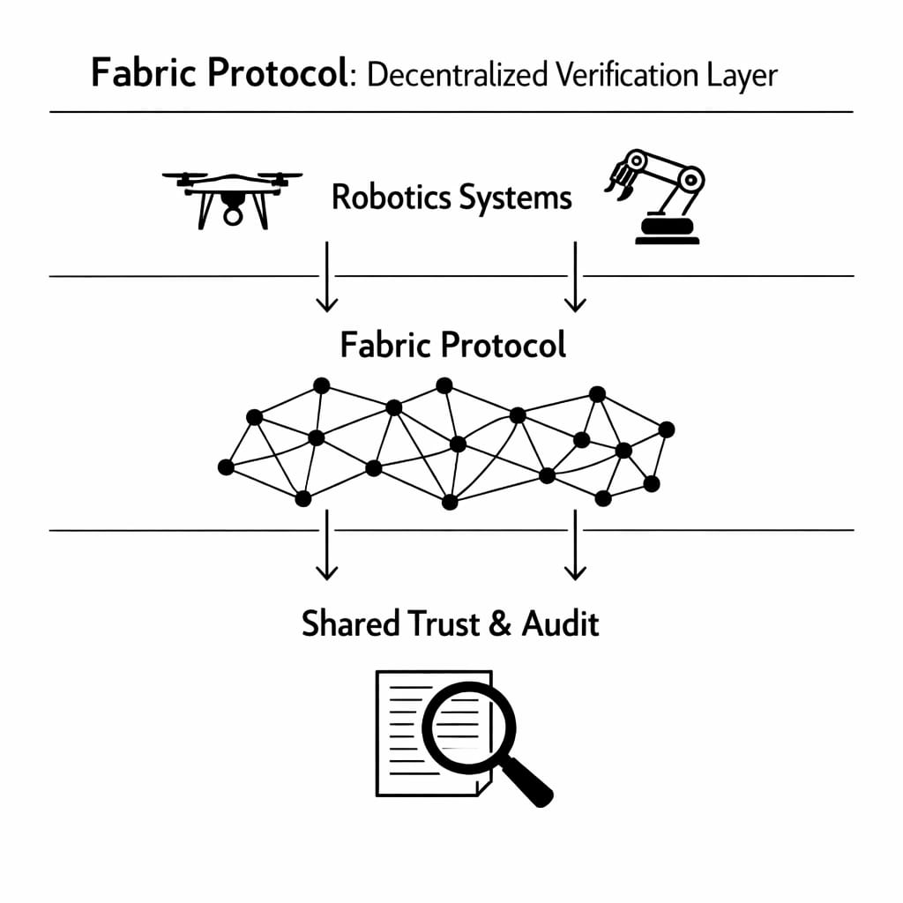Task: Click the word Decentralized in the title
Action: coord(458,75)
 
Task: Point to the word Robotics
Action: coord(389,198)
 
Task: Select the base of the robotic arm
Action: coord(667,231)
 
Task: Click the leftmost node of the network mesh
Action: coord(226,467)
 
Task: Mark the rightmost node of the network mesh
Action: coord(667,429)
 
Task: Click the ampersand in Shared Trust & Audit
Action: coord(499,624)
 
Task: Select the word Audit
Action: coord(561,623)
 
